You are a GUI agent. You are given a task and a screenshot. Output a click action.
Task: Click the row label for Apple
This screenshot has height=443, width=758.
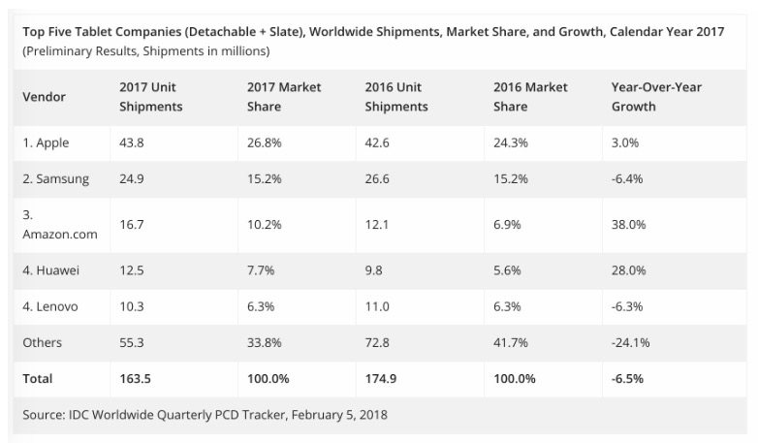pyautogui.click(x=46, y=143)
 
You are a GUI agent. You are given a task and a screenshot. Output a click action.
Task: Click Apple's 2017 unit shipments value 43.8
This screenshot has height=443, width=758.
pyautogui.click(x=131, y=143)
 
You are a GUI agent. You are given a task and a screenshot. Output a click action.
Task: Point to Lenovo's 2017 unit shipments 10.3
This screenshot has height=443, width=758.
pyautogui.click(x=131, y=306)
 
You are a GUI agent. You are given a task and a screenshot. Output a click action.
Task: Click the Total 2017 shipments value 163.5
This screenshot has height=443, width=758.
pyautogui.click(x=135, y=378)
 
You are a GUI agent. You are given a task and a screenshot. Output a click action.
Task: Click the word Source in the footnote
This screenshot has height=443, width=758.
pyautogui.click(x=42, y=414)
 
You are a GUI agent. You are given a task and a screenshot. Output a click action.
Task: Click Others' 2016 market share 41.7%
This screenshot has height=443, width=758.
pyautogui.click(x=510, y=343)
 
